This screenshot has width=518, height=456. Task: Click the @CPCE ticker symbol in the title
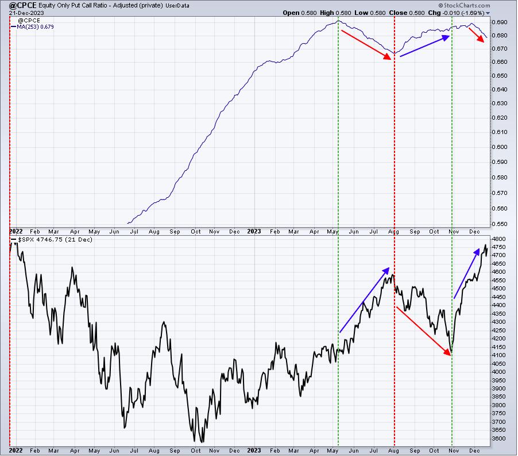22,5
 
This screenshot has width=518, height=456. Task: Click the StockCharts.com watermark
465,5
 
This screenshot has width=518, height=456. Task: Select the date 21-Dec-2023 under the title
26,13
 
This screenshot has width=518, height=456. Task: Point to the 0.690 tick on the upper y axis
500,22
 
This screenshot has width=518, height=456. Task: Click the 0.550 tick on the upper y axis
500,224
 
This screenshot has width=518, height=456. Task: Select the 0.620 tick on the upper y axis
500,117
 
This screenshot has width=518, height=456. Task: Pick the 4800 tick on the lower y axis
499,239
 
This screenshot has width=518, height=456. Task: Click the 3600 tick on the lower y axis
499,439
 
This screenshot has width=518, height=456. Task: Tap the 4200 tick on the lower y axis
499,339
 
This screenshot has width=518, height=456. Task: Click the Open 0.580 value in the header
300,13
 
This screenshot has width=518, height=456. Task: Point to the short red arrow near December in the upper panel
477,35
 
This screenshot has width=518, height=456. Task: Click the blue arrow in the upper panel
425,46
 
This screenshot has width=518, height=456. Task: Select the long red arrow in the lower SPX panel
424,331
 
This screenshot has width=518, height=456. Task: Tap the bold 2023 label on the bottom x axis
254,450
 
